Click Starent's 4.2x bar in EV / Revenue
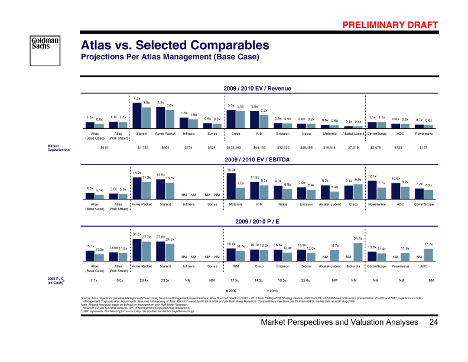pyautogui.click(x=136, y=115)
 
